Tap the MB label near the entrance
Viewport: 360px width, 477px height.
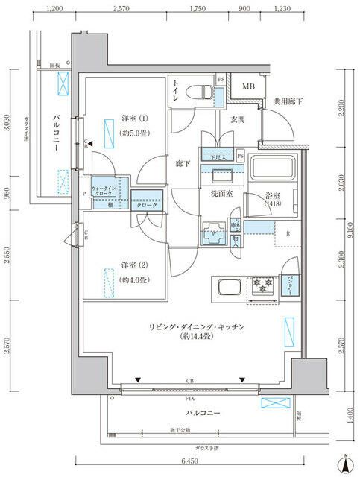click(246, 87)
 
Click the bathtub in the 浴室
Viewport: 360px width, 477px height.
click(272, 169)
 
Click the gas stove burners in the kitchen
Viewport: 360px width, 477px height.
click(262, 285)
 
